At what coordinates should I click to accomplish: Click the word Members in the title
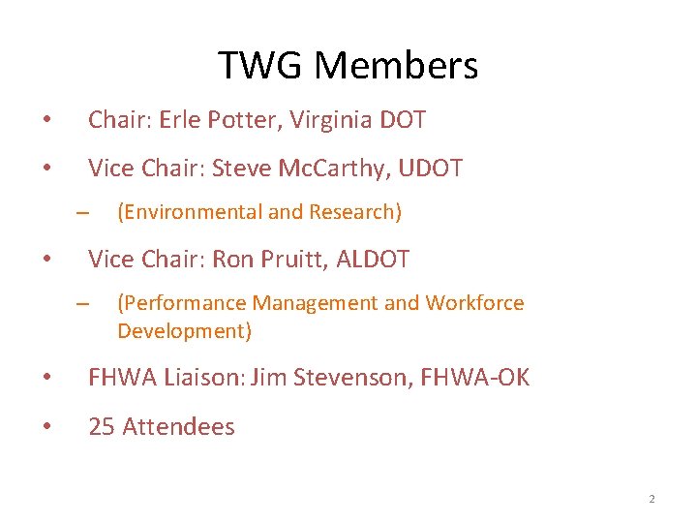[396, 66]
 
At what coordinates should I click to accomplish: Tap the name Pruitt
[288, 260]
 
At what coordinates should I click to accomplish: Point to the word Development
[184, 331]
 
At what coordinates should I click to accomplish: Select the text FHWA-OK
[475, 378]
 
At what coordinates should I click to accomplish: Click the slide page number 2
[652, 499]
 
